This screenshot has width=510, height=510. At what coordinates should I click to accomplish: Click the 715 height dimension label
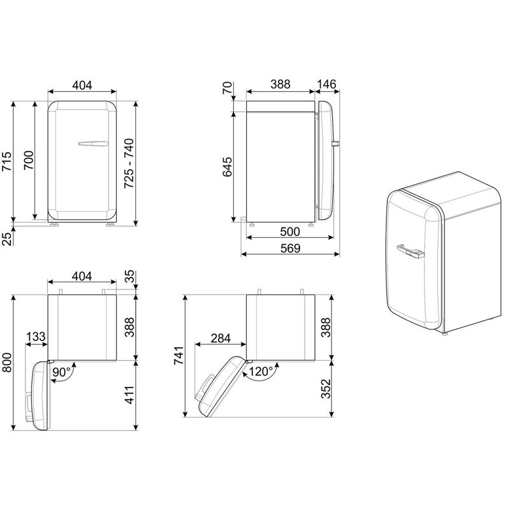point(6,161)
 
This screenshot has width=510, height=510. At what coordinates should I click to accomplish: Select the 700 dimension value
point(29,160)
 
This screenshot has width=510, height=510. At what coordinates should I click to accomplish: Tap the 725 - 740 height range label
point(129,163)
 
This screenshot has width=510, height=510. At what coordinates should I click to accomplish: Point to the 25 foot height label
point(8,238)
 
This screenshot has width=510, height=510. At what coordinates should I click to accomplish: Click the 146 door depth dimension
point(326,84)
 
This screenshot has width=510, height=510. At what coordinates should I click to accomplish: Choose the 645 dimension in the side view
point(228,167)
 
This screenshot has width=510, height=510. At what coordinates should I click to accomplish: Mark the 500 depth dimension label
point(290,231)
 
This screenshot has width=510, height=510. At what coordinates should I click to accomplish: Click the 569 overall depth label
point(290,248)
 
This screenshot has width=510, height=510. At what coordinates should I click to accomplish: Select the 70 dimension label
point(228,88)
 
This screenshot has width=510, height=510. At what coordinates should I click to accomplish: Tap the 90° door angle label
point(61,372)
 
